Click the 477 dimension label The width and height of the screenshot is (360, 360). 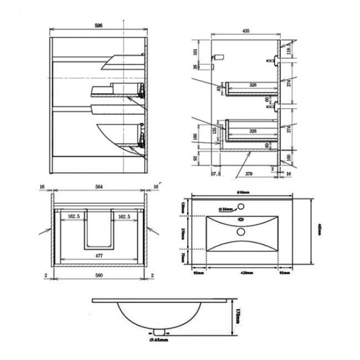coord(100,256)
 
